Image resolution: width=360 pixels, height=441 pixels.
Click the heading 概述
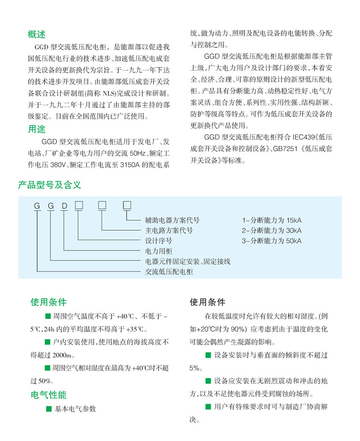click(x=36, y=34)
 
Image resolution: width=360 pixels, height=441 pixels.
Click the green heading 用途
click(x=36, y=129)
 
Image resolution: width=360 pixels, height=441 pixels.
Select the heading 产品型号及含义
click(x=49, y=185)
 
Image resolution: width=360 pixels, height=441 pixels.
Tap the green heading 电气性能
click(x=48, y=395)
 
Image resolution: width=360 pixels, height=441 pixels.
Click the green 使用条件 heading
click(x=48, y=302)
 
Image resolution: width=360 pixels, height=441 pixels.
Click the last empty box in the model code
click(x=127, y=206)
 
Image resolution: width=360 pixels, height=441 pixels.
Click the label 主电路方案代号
click(x=169, y=230)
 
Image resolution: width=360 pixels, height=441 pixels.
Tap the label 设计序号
click(x=159, y=241)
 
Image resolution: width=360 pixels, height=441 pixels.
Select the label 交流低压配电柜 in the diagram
click(x=169, y=272)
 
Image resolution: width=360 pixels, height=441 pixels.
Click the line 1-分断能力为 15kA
click(x=272, y=220)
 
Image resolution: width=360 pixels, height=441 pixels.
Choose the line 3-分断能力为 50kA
click(x=272, y=241)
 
